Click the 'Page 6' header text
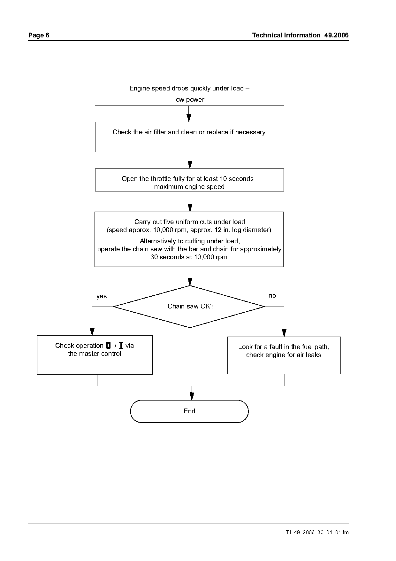click(x=39, y=35)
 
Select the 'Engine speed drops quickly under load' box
click(x=189, y=92)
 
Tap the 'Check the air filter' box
click(x=189, y=137)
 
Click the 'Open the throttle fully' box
click(x=189, y=180)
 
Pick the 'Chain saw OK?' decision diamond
click(x=190, y=307)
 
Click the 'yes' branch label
click(x=102, y=296)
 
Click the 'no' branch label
click(x=272, y=296)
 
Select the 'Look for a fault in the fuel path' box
click(x=284, y=355)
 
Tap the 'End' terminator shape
click(x=189, y=411)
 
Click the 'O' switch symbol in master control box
click(x=108, y=346)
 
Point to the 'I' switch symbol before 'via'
click(x=121, y=346)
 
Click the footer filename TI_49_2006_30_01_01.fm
click(x=317, y=533)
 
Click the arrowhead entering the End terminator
click(x=192, y=396)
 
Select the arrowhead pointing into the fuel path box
click(x=284, y=333)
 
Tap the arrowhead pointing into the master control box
click(x=92, y=331)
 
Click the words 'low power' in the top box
click(x=189, y=99)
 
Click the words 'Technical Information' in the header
click(x=286, y=35)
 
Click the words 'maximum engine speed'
click(x=189, y=187)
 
